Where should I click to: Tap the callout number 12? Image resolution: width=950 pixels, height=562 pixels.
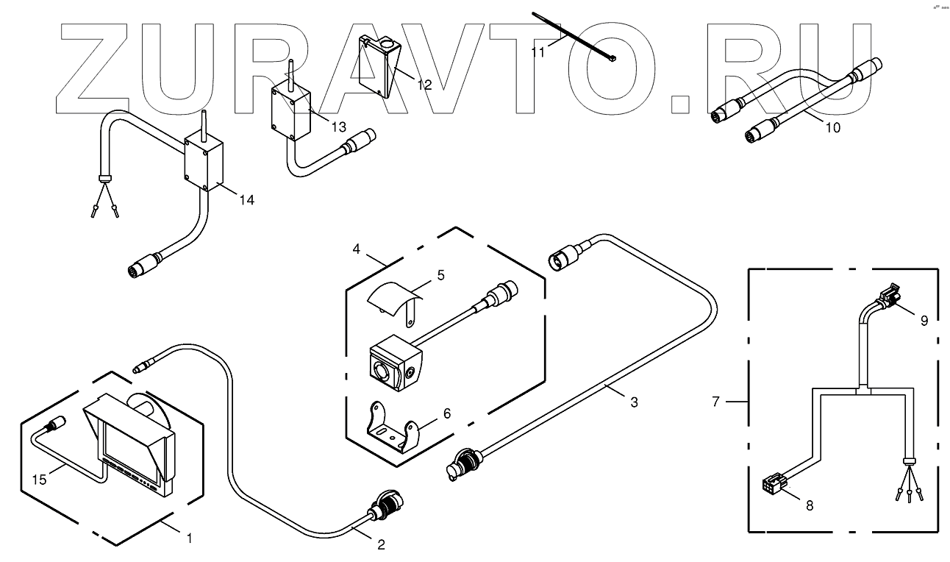(424, 84)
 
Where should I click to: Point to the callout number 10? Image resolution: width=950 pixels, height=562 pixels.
(832, 127)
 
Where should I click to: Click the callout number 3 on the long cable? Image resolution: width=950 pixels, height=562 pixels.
(633, 402)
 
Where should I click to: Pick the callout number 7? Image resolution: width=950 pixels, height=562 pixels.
(718, 402)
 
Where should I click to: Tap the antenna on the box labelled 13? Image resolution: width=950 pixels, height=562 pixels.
(290, 73)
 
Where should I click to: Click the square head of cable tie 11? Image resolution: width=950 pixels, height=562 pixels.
(612, 58)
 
